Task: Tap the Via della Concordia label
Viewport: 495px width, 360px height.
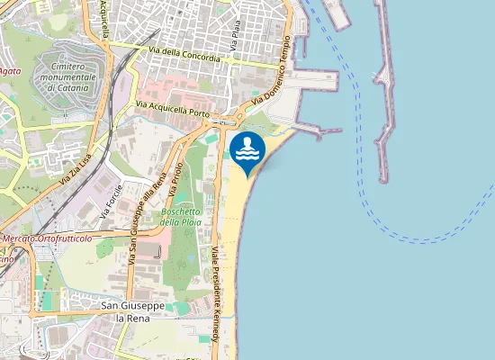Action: pos(190,56)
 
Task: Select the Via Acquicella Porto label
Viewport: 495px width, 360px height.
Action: pos(173,111)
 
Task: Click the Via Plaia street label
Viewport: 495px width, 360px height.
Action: pos(236,30)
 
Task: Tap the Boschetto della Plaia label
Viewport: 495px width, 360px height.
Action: pos(180,216)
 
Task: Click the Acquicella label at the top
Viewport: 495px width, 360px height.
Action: pos(104,20)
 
